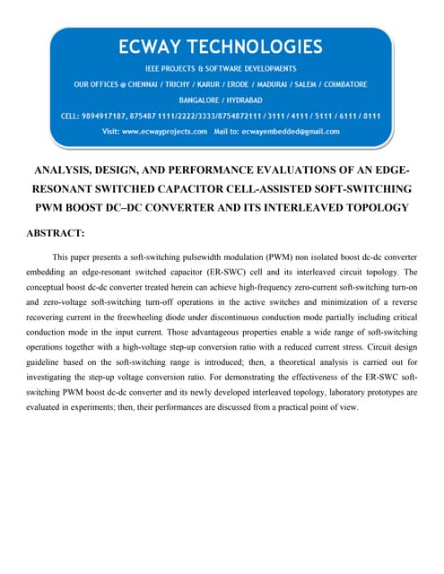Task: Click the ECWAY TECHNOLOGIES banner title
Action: pos(221,46)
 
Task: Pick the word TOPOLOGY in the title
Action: pos(373,207)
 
